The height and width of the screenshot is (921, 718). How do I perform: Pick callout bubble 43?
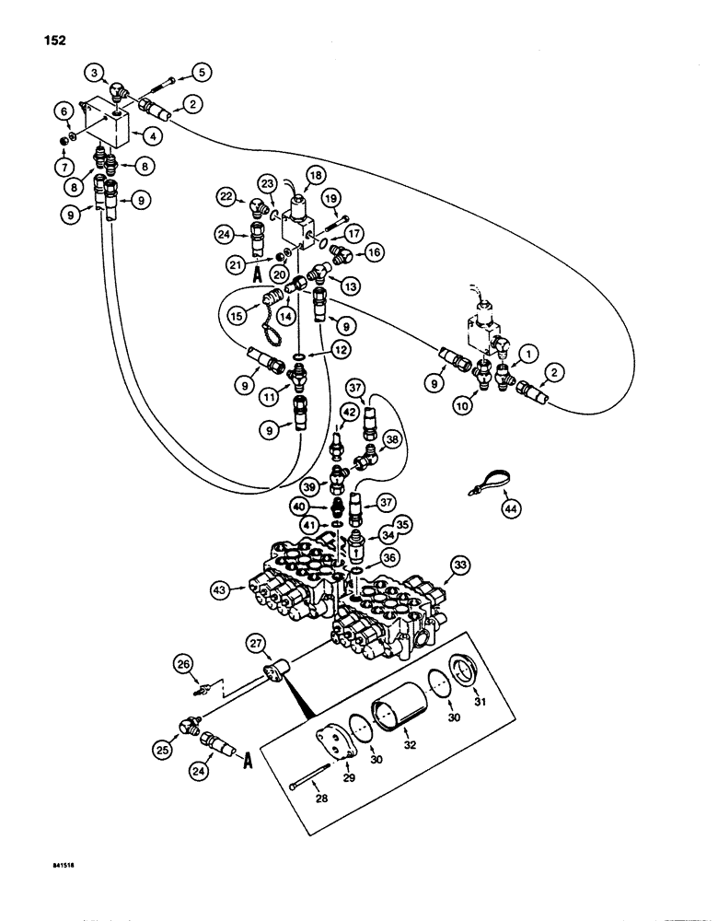click(x=221, y=589)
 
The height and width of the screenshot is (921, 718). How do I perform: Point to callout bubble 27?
click(x=257, y=642)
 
